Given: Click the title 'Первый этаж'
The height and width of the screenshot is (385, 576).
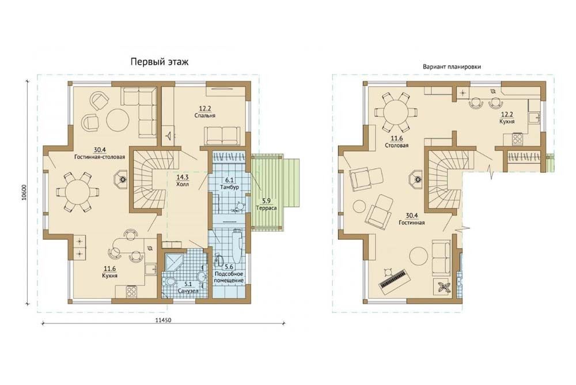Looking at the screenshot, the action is point(160,62).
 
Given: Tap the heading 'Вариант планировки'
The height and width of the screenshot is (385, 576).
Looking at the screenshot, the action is point(452,67).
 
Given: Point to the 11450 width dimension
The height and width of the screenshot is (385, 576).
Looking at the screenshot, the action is point(163,320).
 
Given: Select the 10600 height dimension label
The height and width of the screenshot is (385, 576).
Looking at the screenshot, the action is point(24,192).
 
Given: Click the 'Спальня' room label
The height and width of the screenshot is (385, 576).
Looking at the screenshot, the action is point(205,115).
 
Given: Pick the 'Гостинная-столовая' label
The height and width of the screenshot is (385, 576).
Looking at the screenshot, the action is point(100,157).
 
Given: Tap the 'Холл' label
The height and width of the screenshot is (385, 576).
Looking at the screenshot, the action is point(183,184).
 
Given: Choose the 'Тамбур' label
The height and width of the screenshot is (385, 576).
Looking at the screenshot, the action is point(230,187).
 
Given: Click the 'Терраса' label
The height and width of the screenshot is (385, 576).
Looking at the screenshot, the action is point(267,208).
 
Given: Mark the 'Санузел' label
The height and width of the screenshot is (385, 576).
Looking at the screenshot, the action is point(188,291).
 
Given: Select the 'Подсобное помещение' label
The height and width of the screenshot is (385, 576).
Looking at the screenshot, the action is point(229,277).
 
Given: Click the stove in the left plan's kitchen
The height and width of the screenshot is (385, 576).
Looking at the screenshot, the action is point(131,291).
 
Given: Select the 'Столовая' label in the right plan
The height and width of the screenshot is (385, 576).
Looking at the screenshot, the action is point(397,145).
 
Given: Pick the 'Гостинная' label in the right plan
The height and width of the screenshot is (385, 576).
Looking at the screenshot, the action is point(412,222).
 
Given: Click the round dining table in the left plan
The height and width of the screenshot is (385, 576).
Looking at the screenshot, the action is point(78,191).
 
